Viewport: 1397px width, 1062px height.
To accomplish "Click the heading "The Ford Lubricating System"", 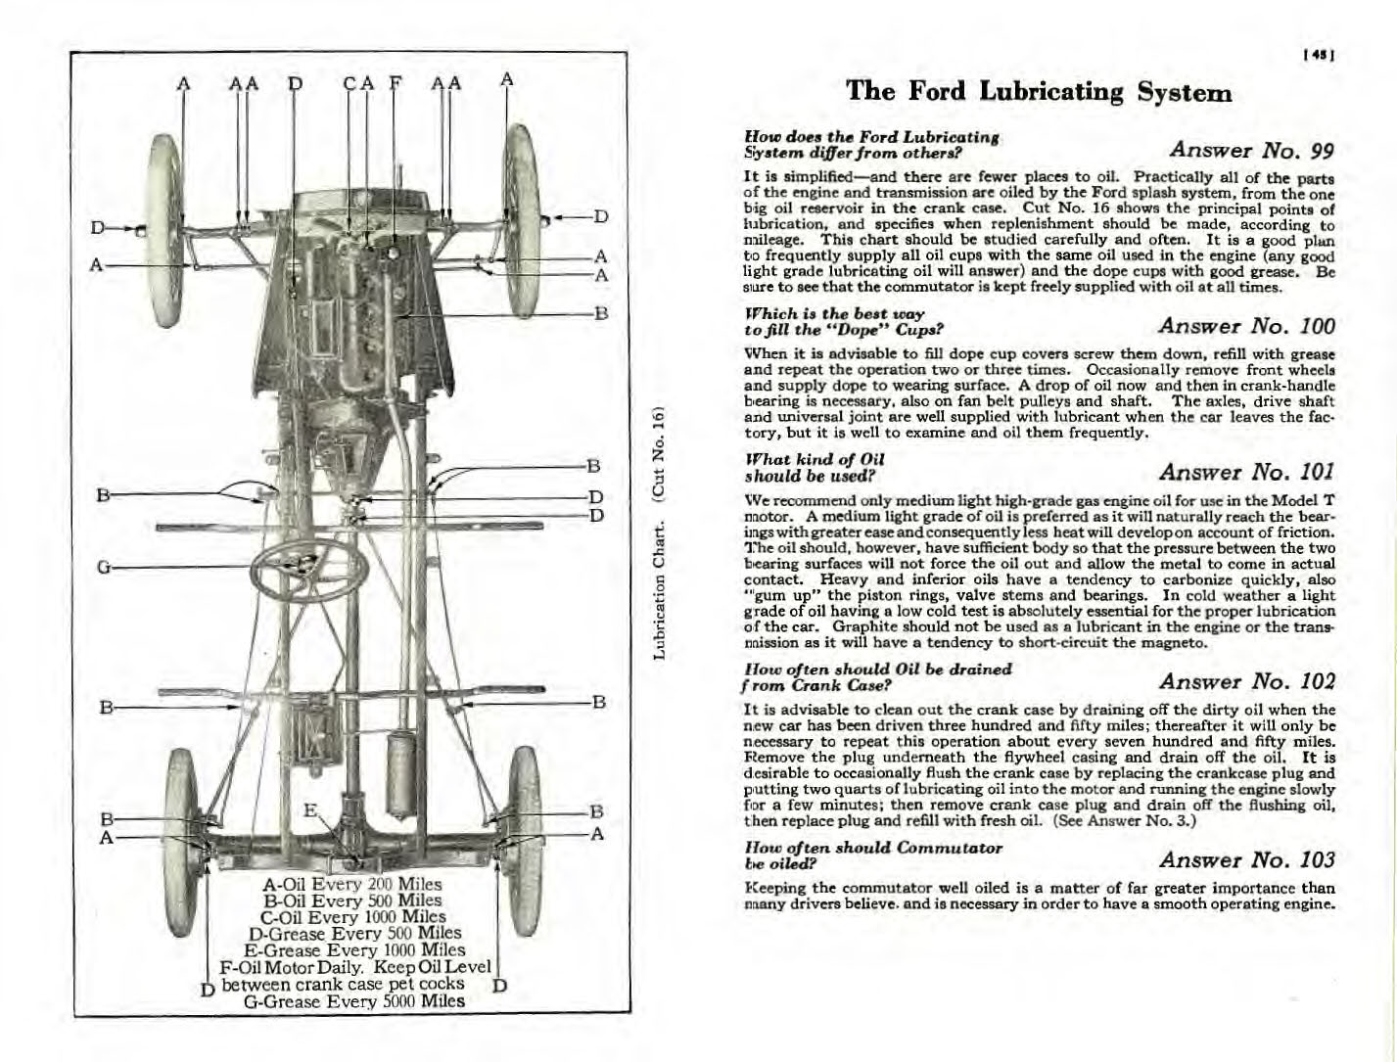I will [1039, 92].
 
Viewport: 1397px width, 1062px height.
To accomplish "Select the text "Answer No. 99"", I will [1252, 150].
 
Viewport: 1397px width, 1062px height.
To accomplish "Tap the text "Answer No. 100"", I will [1246, 326].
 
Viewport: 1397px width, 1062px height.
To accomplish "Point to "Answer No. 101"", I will [1246, 472].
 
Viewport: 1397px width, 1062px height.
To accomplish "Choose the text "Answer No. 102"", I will [1246, 681].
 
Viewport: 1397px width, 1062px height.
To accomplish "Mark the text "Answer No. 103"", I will [1246, 859].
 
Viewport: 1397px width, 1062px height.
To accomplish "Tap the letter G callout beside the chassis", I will [104, 567].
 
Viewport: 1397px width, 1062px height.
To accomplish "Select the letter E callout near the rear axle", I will [309, 810].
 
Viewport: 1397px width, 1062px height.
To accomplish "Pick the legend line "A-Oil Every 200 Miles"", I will [352, 885].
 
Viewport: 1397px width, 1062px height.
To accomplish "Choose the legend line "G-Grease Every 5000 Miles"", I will [352, 1001].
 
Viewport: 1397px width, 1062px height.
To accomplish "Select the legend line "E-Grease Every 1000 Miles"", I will [354, 950].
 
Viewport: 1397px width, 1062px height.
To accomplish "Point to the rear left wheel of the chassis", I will [183, 827].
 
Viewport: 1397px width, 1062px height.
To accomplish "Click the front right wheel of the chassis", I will [521, 206].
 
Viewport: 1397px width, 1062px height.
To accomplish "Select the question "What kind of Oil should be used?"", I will [815, 468].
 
